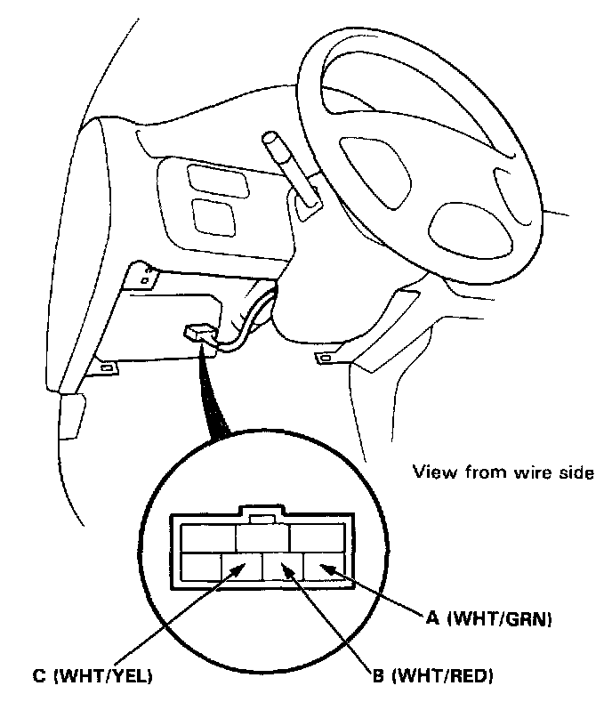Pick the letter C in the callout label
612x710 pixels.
(x=38, y=676)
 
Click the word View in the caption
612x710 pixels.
(x=431, y=472)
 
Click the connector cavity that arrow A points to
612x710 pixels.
(x=323, y=566)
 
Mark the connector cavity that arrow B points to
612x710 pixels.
(x=283, y=566)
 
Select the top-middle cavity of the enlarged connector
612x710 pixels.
(x=262, y=537)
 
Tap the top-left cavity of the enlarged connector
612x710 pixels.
(x=208, y=537)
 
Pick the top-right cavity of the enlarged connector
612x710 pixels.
(x=317, y=537)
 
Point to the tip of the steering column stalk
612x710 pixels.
(x=270, y=141)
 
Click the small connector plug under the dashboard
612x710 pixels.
(x=199, y=335)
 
